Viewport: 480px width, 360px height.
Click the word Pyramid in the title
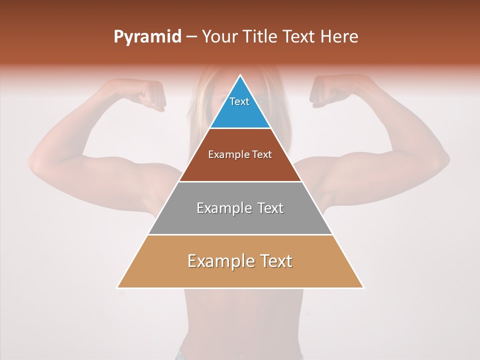pyautogui.click(x=147, y=37)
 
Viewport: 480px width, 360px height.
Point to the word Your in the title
pyautogui.click(x=219, y=37)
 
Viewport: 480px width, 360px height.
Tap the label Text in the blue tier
pyautogui.click(x=239, y=101)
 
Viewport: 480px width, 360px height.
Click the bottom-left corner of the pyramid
pyautogui.click(x=117, y=287)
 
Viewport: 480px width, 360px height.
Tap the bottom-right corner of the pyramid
pyautogui.click(x=363, y=287)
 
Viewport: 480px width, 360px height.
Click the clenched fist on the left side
pyautogui.click(x=150, y=94)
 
